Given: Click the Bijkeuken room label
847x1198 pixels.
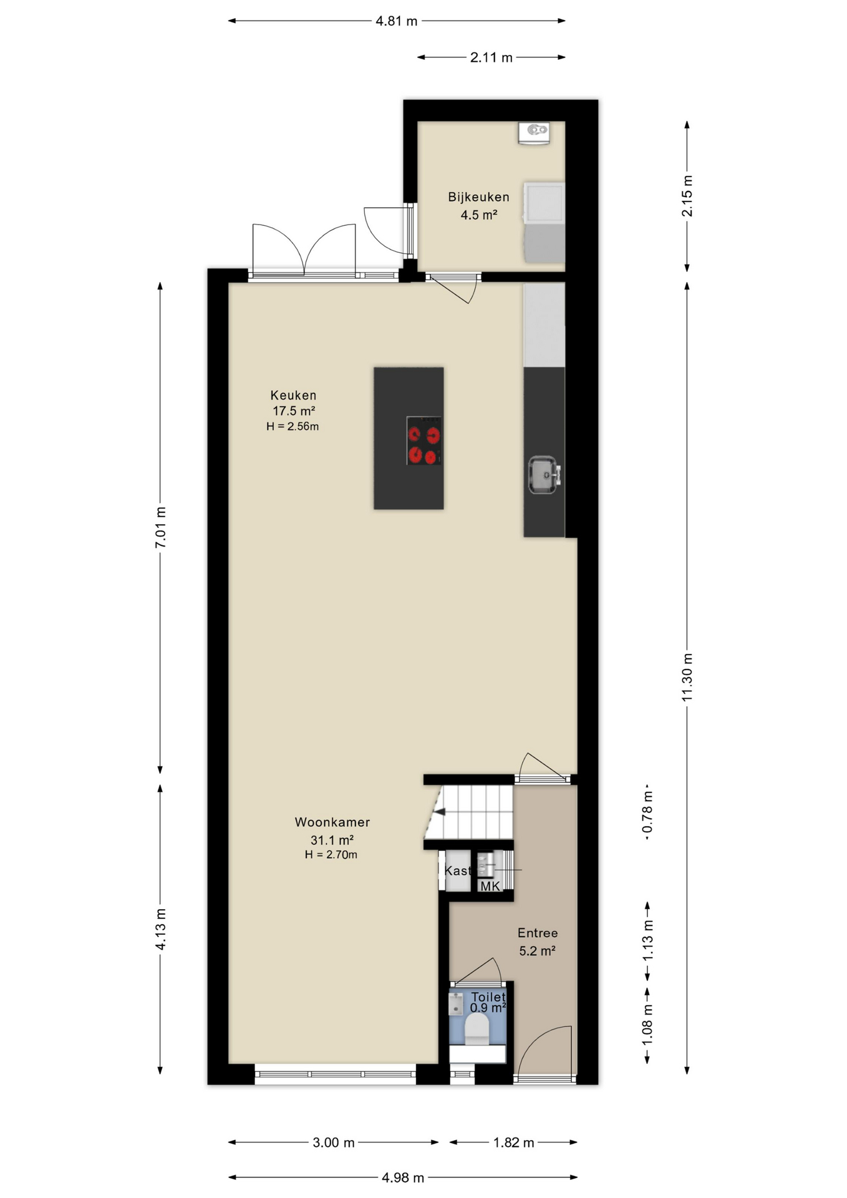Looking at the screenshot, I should point(478,197).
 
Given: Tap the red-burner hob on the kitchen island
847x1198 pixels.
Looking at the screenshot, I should point(423,441).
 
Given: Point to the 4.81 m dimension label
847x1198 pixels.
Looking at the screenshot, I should point(396,21).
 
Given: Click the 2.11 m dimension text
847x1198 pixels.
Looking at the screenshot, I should point(491,57).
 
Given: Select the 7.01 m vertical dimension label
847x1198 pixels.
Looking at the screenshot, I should point(160,527).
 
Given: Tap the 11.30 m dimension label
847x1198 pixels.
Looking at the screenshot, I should point(687,677).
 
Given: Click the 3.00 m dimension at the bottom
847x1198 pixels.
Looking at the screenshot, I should point(334,1142).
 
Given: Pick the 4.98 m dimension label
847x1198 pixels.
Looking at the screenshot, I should point(403,1177).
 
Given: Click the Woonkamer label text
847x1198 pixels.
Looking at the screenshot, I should point(332,822).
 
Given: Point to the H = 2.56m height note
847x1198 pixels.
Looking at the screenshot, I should point(293,427).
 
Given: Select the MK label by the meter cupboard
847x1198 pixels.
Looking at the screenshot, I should point(490,886).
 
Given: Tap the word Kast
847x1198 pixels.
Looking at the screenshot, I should point(457,870).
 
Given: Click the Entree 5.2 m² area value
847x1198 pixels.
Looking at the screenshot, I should point(537,951).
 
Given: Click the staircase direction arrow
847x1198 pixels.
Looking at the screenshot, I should point(440,812).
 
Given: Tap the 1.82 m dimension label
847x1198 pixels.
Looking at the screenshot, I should point(513,1142).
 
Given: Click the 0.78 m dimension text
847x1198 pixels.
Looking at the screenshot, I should point(647,812).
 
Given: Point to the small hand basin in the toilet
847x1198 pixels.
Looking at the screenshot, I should point(456,1004).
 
